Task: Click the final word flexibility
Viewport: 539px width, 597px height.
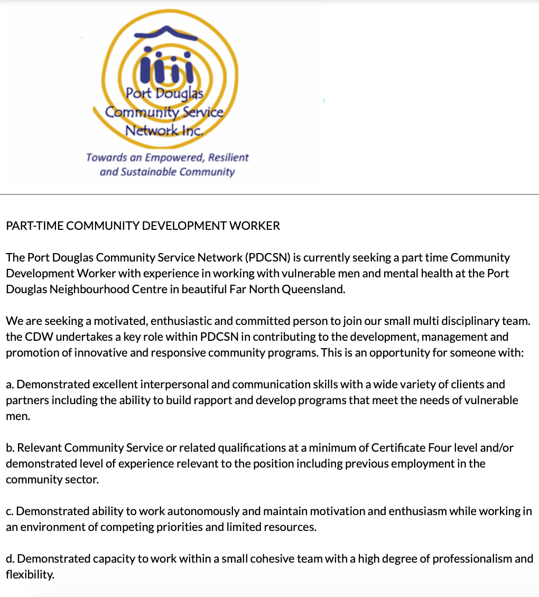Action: point(30,575)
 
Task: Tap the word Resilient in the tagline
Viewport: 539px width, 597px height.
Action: point(228,157)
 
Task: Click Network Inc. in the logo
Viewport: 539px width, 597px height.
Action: point(164,130)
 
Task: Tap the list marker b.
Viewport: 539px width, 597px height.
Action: point(10,448)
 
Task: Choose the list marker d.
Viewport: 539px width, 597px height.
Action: point(10,559)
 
